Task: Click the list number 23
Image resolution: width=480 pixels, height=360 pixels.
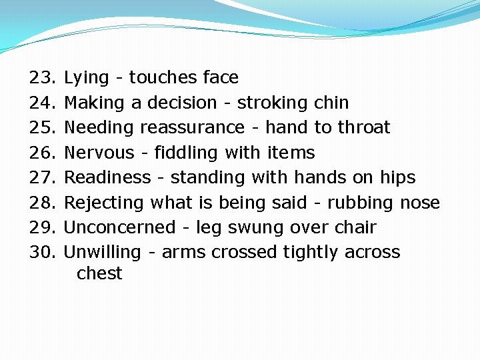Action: [x=44, y=78]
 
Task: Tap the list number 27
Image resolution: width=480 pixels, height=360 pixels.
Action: [x=44, y=178]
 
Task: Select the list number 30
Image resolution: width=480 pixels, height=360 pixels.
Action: [x=44, y=253]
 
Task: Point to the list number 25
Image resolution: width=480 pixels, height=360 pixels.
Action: [x=44, y=128]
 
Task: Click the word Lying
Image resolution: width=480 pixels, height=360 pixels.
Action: [x=86, y=79]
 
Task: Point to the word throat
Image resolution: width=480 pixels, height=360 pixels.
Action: [x=364, y=128]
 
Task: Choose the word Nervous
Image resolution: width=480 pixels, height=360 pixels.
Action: [x=99, y=153]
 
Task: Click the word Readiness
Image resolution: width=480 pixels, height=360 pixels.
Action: [x=107, y=178]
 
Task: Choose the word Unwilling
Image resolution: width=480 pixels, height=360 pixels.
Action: [x=102, y=253]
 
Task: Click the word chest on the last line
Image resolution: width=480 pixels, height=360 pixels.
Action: [x=99, y=274]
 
